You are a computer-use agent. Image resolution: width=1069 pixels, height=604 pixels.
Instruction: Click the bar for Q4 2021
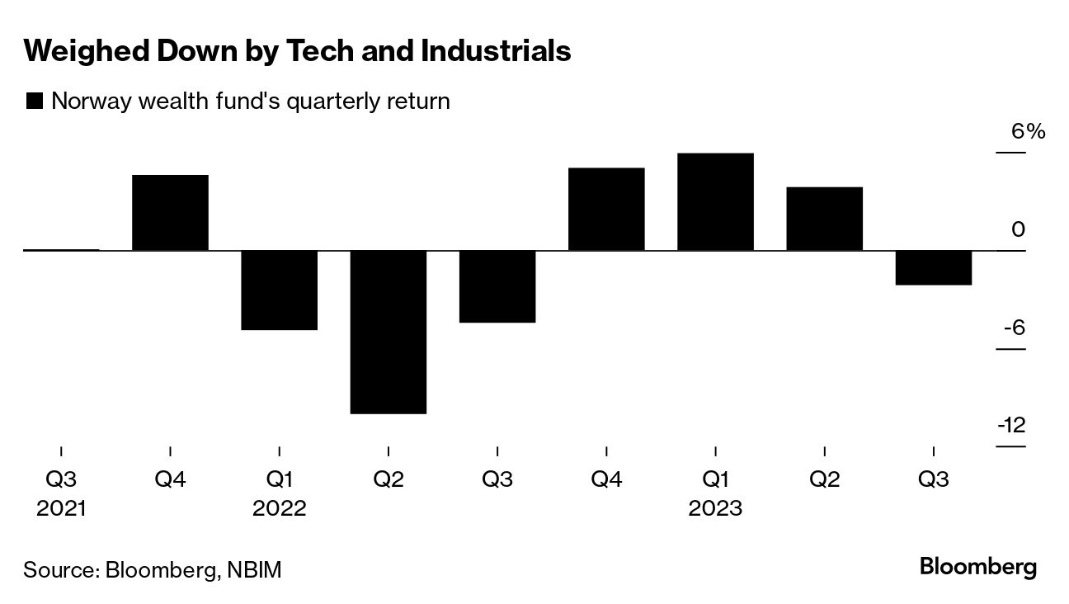coord(170,213)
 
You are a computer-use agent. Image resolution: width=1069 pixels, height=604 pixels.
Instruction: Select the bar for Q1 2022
coord(279,290)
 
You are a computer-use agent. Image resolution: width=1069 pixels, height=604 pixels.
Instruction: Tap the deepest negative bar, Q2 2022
coord(388,332)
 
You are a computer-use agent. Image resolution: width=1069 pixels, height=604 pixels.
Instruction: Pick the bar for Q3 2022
coord(497,286)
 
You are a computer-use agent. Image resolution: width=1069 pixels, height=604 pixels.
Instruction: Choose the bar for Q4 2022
coord(606,209)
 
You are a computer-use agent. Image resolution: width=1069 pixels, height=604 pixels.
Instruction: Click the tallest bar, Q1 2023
coord(715,202)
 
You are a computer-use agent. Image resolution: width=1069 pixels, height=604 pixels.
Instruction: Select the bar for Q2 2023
coord(824,219)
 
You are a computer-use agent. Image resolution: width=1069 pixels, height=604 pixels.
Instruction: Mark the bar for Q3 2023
coord(933,267)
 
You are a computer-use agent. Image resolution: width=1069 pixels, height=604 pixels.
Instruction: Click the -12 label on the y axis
coord(1011,426)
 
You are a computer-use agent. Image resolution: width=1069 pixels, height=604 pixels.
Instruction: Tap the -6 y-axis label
coord(1014,328)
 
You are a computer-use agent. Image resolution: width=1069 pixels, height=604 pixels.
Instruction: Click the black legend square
coord(35,101)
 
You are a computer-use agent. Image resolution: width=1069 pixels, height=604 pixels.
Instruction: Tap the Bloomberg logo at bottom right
coord(977,568)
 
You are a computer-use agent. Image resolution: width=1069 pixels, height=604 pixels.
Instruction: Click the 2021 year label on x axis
coord(61,508)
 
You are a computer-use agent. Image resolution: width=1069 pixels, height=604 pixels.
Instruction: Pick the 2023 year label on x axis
coord(715,508)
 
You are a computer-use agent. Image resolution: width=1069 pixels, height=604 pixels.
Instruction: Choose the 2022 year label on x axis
coord(279,508)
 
